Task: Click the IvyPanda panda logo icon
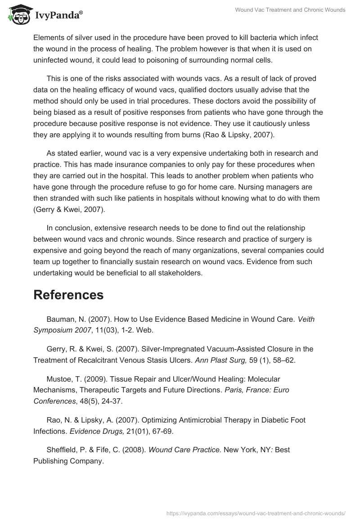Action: pyautogui.click(x=18, y=14)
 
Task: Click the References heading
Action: pyautogui.click(x=68, y=295)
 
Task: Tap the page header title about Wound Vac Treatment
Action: pyautogui.click(x=290, y=10)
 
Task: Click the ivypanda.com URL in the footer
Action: pyautogui.click(x=256, y=513)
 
